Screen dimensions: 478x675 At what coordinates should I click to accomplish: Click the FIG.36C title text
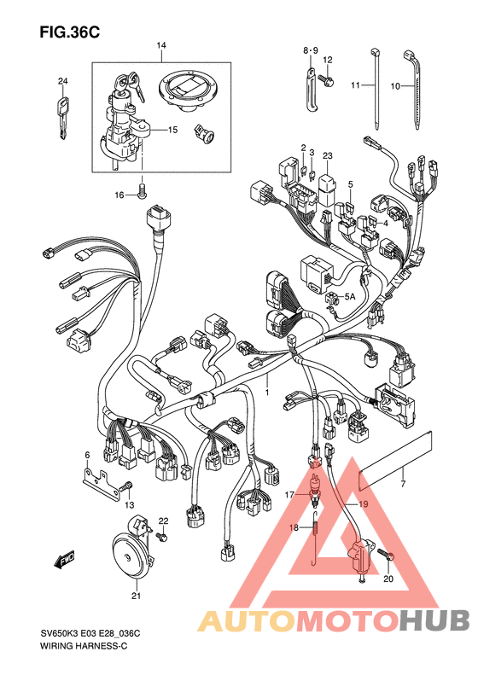coord(70,32)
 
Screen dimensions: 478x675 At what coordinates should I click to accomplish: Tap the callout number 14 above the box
coord(161,45)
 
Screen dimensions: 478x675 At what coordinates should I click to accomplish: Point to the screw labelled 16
coord(142,191)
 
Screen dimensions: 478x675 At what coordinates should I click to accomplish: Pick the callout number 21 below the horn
coord(136,596)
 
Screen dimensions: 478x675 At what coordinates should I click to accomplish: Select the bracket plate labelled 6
coord(101,486)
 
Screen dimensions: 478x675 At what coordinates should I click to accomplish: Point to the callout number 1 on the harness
coord(266,393)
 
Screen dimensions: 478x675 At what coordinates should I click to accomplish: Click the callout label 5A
coord(350,297)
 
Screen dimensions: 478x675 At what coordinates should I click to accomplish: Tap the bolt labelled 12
coord(326,79)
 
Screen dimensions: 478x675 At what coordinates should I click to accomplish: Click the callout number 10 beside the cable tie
coord(395,86)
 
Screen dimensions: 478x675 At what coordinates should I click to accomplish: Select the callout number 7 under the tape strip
coord(403,484)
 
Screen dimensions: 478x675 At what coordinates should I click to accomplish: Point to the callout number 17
coord(289,495)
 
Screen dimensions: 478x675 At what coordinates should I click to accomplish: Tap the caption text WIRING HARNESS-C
coord(84,646)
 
